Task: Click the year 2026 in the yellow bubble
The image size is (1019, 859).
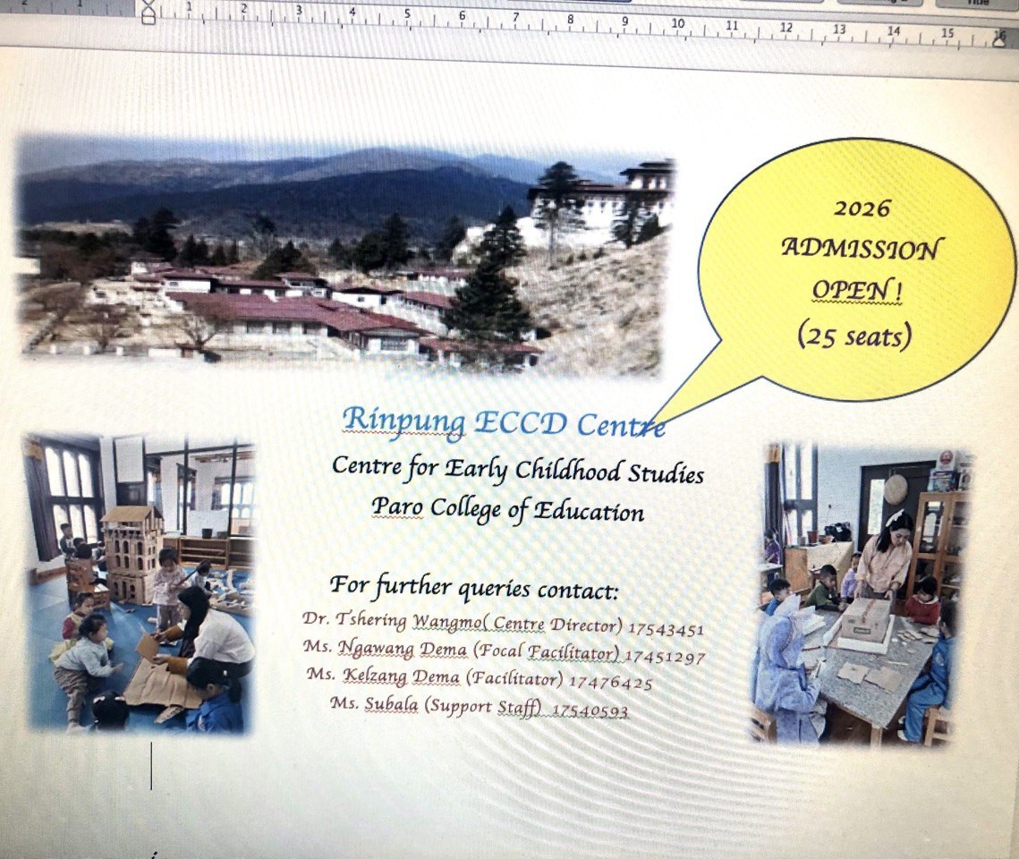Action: click(x=862, y=209)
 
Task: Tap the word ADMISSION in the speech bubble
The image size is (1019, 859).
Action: click(x=862, y=249)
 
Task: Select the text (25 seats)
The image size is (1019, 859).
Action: click(x=854, y=336)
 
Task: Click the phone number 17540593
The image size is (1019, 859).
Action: click(x=590, y=711)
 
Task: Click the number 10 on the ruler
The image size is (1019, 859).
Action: click(x=677, y=24)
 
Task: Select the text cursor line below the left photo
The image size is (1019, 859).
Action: click(x=151, y=765)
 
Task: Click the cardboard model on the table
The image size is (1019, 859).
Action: click(x=864, y=620)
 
